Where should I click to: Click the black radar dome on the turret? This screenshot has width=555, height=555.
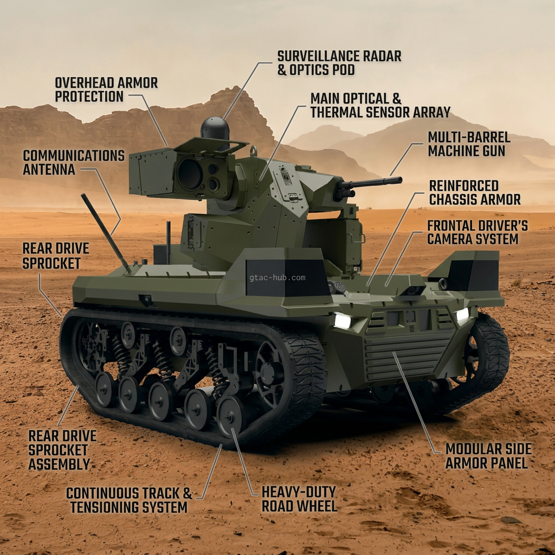[215, 129]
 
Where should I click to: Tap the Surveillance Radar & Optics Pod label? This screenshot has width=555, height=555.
[339, 63]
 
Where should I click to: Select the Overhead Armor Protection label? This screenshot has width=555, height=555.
[106, 89]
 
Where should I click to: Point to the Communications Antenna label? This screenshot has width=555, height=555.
[74, 163]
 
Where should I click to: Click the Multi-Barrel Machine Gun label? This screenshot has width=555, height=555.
[469, 144]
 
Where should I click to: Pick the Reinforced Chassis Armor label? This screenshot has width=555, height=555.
[475, 192]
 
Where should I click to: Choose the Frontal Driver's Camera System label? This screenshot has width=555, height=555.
[477, 232]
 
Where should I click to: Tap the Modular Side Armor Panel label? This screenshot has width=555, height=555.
[488, 456]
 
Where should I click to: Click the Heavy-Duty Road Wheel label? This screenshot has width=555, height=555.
[299, 499]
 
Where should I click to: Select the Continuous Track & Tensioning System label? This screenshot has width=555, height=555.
[129, 500]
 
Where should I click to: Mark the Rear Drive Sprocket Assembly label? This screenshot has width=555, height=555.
[62, 450]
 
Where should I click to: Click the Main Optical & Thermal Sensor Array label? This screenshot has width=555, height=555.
[380, 106]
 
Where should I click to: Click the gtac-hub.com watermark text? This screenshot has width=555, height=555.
[277, 277]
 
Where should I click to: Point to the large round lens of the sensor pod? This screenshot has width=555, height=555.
[190, 173]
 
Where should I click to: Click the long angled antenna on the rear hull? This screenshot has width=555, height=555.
[106, 234]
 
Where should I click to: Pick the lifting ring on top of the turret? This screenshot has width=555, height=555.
[254, 151]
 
